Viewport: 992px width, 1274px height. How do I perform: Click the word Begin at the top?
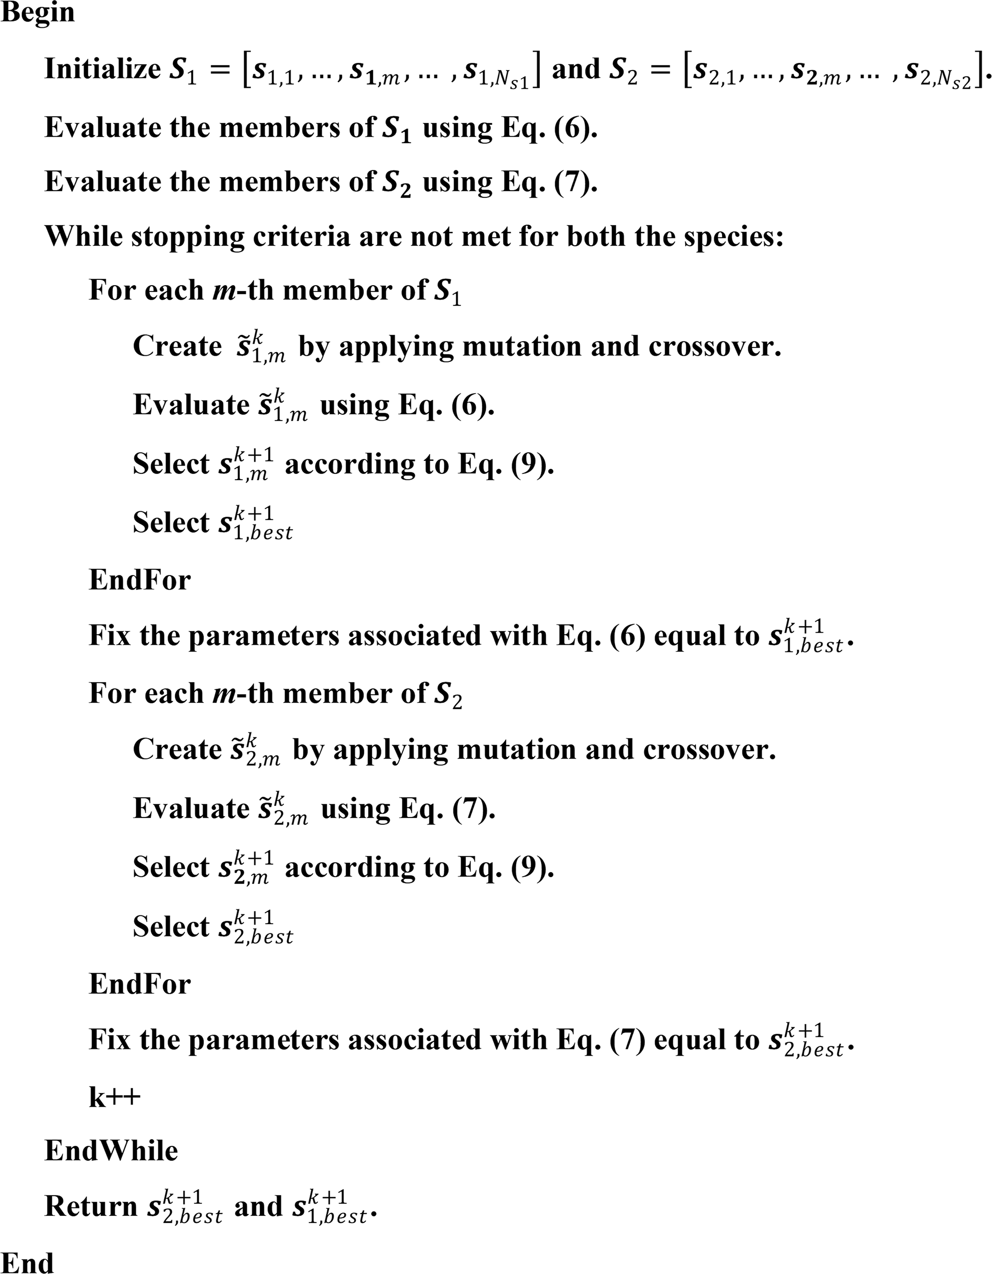38,13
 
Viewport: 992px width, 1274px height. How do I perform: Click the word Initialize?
103,70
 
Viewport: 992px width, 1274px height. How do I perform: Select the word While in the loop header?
83,237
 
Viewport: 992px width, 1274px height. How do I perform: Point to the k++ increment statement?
114,1097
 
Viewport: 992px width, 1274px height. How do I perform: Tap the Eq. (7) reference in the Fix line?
601,1040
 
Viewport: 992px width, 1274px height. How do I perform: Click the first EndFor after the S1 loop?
139,580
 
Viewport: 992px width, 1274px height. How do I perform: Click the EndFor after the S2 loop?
139,984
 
